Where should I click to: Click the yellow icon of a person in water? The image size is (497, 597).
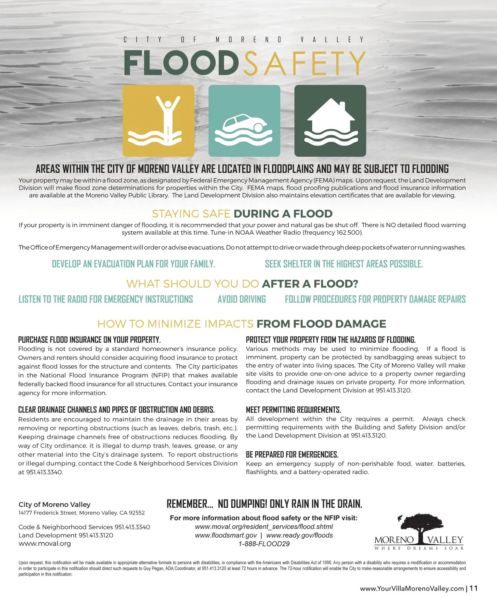159,121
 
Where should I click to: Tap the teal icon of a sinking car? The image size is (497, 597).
244,121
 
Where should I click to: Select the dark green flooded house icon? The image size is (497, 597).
330,121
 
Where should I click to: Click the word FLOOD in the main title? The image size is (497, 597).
181,63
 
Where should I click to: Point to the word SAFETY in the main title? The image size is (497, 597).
304,63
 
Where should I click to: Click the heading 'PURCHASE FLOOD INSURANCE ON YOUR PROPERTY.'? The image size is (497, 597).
89,340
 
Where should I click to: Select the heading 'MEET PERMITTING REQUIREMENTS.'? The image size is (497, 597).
293,410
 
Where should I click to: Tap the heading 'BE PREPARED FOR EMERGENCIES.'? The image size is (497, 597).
292,454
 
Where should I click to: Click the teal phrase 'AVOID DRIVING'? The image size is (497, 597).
242,299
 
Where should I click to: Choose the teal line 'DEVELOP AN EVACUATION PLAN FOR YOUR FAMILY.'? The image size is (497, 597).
133,264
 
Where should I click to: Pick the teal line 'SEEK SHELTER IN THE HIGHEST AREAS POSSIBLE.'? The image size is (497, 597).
344,264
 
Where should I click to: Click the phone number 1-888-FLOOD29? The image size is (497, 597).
264,544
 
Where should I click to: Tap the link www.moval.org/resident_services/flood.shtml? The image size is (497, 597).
264,527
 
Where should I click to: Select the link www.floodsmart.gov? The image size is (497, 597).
226,535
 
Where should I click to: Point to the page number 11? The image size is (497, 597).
474,588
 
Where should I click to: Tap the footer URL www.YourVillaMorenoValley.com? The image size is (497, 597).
412,589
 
